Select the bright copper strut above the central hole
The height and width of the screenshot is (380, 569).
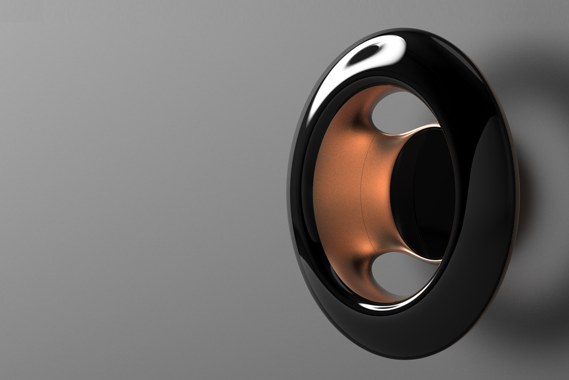(417, 130)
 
